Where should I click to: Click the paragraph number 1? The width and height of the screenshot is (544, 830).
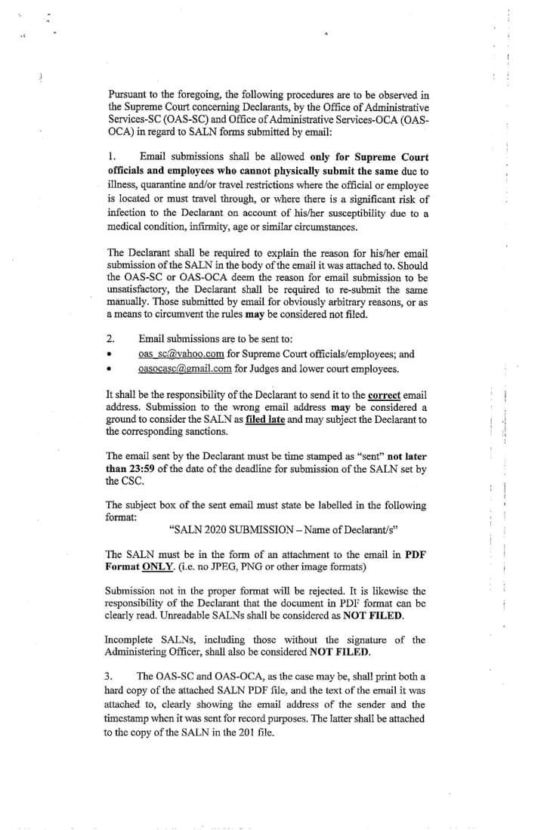click(x=111, y=157)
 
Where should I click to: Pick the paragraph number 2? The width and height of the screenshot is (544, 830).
click(x=111, y=339)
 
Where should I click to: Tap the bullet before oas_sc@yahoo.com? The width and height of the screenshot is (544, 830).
click(x=110, y=355)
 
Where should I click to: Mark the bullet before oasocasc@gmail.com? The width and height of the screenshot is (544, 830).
click(x=110, y=369)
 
